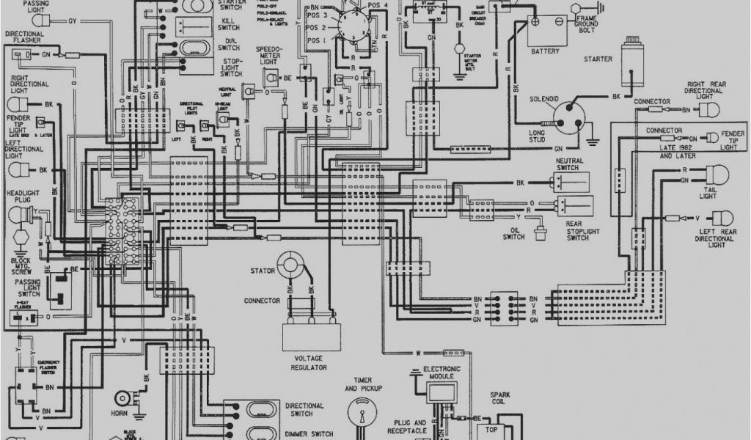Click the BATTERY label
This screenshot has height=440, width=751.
tap(545, 51)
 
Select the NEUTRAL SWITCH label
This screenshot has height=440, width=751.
tap(574, 163)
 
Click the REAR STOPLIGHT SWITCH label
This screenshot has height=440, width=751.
tap(577, 230)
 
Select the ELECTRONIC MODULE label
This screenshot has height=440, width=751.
tap(444, 372)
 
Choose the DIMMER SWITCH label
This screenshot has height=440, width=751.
tap(309, 414)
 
